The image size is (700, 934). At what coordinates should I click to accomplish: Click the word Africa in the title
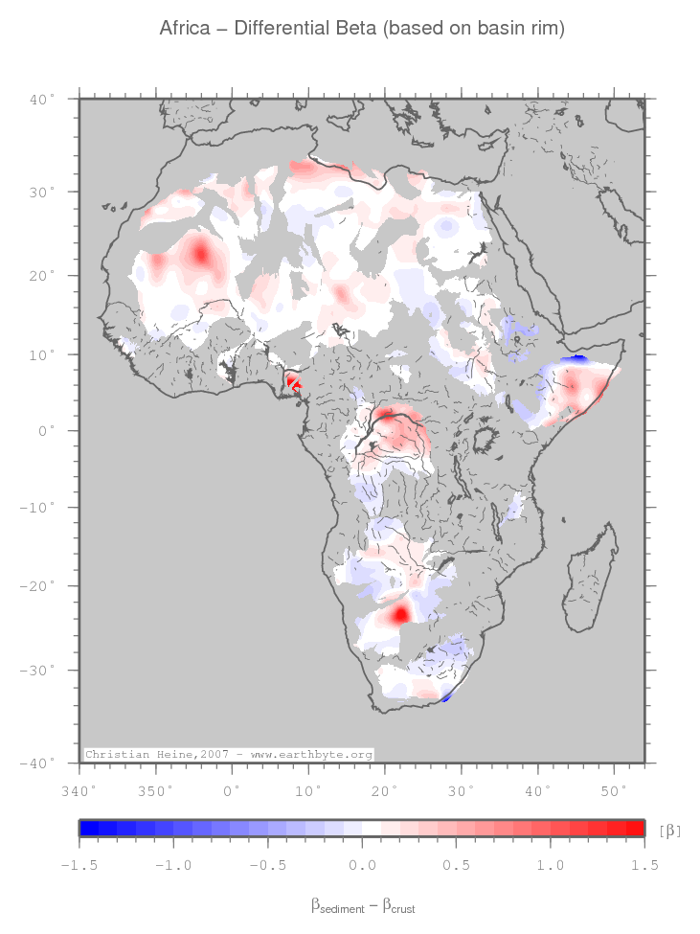pyautogui.click(x=185, y=30)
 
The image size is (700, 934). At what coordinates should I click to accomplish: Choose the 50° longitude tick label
pyautogui.click(x=614, y=791)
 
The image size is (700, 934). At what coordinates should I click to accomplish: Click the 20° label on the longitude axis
pyautogui.click(x=384, y=791)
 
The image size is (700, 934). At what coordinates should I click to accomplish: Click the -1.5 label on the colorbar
pyautogui.click(x=79, y=865)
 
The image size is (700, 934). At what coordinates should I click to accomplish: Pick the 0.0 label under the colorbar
pyautogui.click(x=362, y=865)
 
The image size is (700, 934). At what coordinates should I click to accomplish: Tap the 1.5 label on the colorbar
pyautogui.click(x=644, y=865)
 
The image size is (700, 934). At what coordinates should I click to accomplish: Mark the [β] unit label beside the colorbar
pyautogui.click(x=670, y=830)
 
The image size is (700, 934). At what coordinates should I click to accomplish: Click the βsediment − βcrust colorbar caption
pyautogui.click(x=362, y=904)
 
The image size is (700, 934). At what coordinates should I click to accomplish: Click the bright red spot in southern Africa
pyautogui.click(x=398, y=612)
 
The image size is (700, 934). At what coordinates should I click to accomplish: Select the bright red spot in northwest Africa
pyautogui.click(x=200, y=255)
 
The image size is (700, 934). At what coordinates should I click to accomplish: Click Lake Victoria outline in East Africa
pyautogui.click(x=485, y=442)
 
